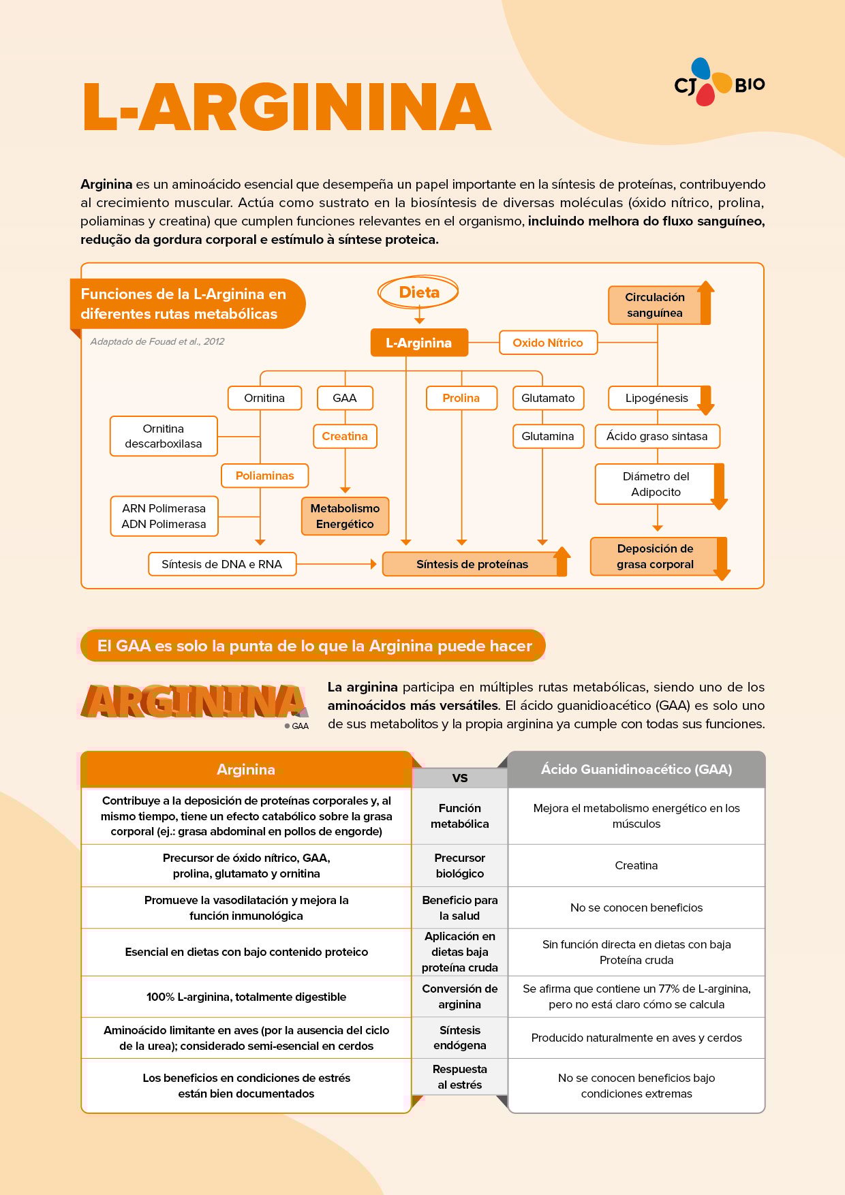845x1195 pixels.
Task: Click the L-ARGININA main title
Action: [287, 106]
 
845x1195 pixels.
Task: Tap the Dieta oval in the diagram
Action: [418, 292]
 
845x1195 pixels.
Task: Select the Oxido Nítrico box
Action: [548, 343]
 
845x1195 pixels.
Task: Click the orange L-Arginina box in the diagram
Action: [419, 343]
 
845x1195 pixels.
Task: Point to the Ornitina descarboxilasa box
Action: [164, 436]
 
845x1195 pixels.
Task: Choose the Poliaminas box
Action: [264, 476]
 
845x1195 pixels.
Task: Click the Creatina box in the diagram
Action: [345, 436]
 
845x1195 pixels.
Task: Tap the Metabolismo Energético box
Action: [345, 516]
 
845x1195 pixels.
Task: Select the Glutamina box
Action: [548, 436]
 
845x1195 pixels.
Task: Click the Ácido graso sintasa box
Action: [657, 436]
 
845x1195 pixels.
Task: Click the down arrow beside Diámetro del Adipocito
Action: [719, 486]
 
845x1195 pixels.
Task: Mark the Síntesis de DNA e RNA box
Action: [222, 564]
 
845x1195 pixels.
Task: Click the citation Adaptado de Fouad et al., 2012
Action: [157, 341]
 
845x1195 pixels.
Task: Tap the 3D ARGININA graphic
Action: [194, 702]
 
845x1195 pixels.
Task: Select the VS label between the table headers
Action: [460, 778]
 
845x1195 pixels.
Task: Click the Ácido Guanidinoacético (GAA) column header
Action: [636, 769]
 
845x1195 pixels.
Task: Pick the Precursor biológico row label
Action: [460, 865]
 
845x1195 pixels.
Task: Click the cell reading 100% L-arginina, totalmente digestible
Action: [246, 997]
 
